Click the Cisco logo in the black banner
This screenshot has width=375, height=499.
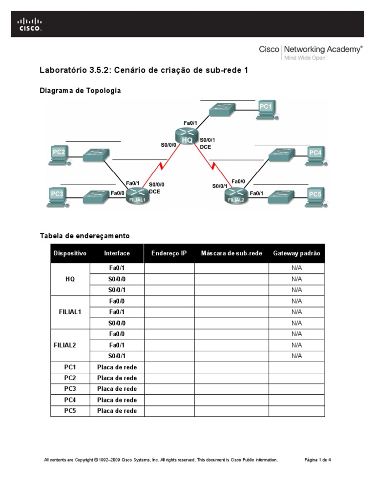(x=30, y=24)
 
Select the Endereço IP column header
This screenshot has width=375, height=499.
(x=169, y=253)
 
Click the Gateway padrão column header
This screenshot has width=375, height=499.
(x=297, y=253)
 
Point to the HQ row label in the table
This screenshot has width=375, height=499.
(x=70, y=279)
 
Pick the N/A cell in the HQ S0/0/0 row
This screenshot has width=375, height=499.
(x=297, y=279)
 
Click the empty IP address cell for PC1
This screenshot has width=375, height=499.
(x=169, y=367)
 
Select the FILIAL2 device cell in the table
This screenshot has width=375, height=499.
(x=70, y=345)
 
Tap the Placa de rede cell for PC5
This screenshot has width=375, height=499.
(x=117, y=411)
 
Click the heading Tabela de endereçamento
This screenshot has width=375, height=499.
(x=84, y=236)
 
